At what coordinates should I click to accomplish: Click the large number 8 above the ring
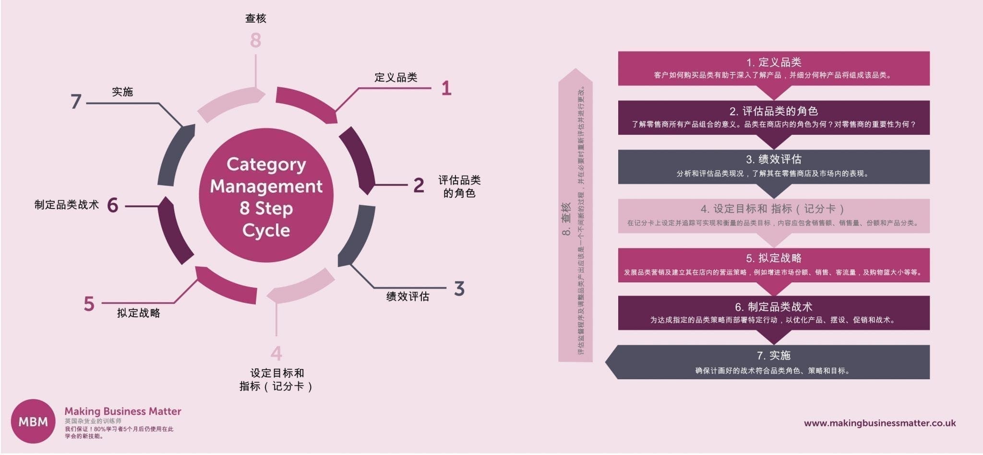pyautogui.click(x=255, y=40)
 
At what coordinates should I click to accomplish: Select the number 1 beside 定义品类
pyautogui.click(x=446, y=88)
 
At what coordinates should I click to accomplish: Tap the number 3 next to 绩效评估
pyautogui.click(x=459, y=289)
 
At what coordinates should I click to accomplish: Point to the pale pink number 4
pyautogui.click(x=276, y=353)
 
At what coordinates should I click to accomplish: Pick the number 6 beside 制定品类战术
pyautogui.click(x=113, y=205)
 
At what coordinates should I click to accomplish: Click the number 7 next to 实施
pyautogui.click(x=76, y=101)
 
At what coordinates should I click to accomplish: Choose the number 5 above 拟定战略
pyautogui.click(x=89, y=303)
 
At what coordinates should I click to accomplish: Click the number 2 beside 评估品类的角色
pyautogui.click(x=419, y=185)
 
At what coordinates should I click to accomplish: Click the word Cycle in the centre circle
pyautogui.click(x=266, y=231)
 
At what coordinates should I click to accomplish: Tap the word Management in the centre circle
pyautogui.click(x=266, y=186)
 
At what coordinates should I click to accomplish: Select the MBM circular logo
pyautogui.click(x=33, y=421)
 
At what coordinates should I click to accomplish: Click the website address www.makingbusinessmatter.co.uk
pyautogui.click(x=880, y=423)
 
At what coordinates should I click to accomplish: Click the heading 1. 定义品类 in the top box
pyautogui.click(x=774, y=62)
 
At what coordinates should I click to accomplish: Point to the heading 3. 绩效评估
pyautogui.click(x=774, y=159)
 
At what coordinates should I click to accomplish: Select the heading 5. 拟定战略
pyautogui.click(x=774, y=258)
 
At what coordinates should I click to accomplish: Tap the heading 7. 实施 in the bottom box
pyautogui.click(x=774, y=355)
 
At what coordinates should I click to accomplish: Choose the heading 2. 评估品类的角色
pyautogui.click(x=774, y=111)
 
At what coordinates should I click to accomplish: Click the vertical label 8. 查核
pyautogui.click(x=566, y=219)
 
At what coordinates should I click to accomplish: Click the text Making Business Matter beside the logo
pyautogui.click(x=123, y=411)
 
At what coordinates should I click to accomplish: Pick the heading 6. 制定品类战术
pyautogui.click(x=774, y=307)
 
